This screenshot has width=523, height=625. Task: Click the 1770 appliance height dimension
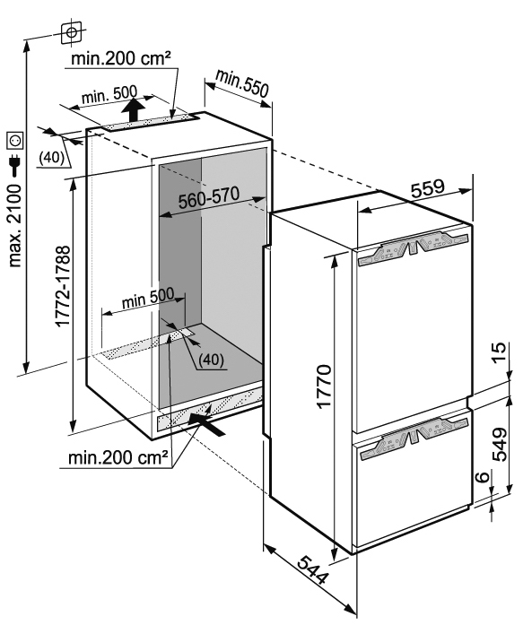pyautogui.click(x=325, y=386)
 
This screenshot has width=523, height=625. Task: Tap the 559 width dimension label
pyautogui.click(x=427, y=188)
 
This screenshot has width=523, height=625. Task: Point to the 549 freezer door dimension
pyautogui.click(x=500, y=444)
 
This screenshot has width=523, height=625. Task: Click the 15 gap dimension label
pyautogui.click(x=499, y=352)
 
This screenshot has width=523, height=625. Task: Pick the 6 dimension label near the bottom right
pyautogui.click(x=483, y=476)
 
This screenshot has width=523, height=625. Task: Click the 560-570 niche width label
pyautogui.click(x=208, y=197)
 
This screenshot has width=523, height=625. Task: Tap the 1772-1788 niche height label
pyautogui.click(x=63, y=286)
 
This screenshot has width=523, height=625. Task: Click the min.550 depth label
pyautogui.click(x=242, y=83)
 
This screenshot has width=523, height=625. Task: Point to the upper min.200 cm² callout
pyautogui.click(x=121, y=58)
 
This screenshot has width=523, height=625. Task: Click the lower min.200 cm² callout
pyautogui.click(x=118, y=457)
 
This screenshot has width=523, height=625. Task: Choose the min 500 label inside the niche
pyautogui.click(x=148, y=298)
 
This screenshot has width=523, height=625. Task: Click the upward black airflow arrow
pyautogui.click(x=133, y=109)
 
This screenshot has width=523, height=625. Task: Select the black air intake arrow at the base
pyautogui.click(x=207, y=424)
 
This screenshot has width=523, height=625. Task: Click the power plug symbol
pyautogui.click(x=14, y=165)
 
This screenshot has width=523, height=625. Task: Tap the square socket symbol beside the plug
pyautogui.click(x=15, y=141)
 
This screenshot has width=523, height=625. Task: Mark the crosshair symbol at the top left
pyautogui.click(x=72, y=32)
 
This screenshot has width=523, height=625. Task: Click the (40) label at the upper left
pyautogui.click(x=51, y=158)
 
